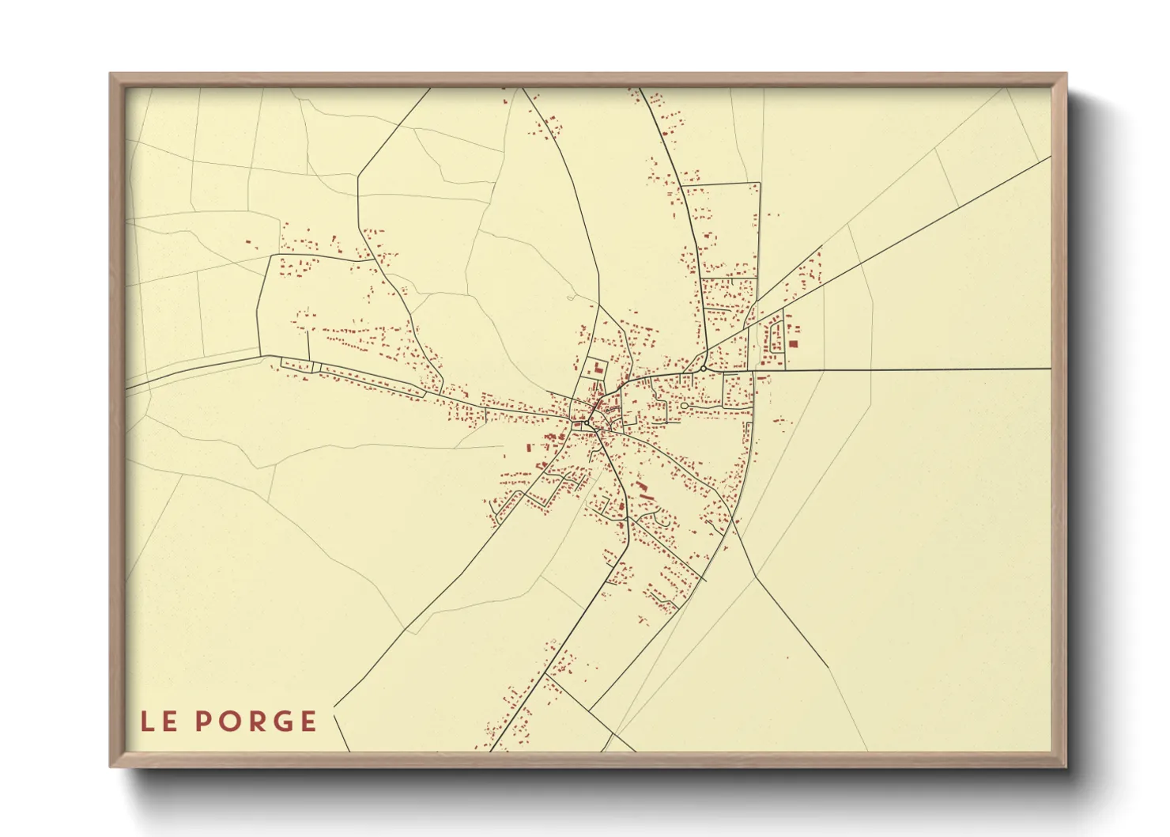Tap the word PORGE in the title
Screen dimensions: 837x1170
(256, 721)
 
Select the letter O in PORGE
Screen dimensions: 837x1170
(229, 721)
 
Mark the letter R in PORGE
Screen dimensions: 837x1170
(254, 721)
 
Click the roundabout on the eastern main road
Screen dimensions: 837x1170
(702, 369)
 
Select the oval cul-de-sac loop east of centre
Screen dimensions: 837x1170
(685, 406)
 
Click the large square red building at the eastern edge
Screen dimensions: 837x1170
(793, 344)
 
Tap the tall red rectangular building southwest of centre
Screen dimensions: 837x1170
(529, 449)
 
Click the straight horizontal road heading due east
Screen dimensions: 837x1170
(909, 369)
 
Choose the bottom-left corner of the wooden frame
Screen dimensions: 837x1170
(111, 766)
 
